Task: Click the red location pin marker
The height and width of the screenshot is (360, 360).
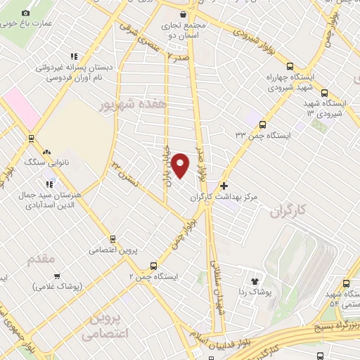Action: [x=181, y=165]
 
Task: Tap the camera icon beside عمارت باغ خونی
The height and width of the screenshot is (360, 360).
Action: [x=26, y=13]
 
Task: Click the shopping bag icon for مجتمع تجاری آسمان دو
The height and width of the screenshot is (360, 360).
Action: [x=184, y=14]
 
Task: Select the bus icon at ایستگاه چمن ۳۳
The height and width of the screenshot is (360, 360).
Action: [x=262, y=124]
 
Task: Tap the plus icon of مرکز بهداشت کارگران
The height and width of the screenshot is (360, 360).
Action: [x=224, y=186]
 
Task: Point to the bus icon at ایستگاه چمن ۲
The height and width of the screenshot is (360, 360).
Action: [x=153, y=266]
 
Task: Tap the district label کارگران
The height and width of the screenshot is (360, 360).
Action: [x=289, y=210]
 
